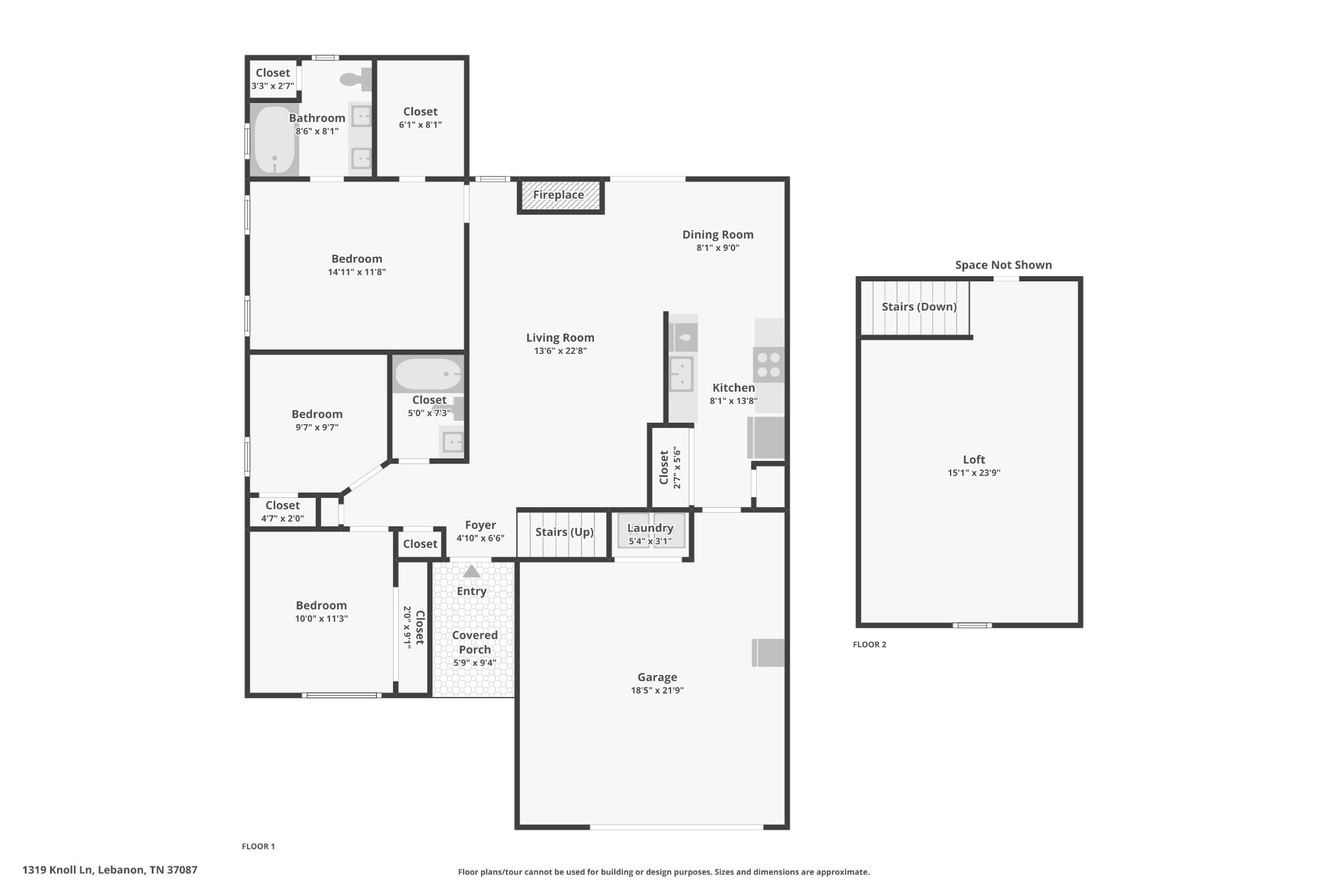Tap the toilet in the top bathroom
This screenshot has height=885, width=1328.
[x=356, y=80]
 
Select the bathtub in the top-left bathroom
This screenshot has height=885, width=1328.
[x=275, y=140]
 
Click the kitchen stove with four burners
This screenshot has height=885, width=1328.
[x=768, y=364]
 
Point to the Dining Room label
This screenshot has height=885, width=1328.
[x=718, y=235]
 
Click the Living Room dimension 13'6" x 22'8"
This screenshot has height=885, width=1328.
[x=560, y=351]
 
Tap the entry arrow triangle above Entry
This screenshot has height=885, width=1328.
[x=471, y=571]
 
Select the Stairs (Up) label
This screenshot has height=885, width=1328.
[x=564, y=532]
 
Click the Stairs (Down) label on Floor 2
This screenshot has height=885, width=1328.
[x=919, y=307]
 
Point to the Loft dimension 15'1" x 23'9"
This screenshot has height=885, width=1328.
[x=974, y=473]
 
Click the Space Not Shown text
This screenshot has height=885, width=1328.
[x=1003, y=265]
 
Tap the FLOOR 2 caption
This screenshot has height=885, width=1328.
[x=869, y=644]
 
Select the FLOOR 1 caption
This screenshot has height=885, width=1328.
[x=258, y=846]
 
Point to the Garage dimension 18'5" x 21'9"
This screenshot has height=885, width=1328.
[x=657, y=690]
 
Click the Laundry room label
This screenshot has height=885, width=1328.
[x=650, y=528]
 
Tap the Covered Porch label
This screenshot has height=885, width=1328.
[x=475, y=642]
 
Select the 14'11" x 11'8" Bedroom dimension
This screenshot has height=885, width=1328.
[x=357, y=272]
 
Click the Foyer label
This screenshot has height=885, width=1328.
[x=480, y=525]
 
